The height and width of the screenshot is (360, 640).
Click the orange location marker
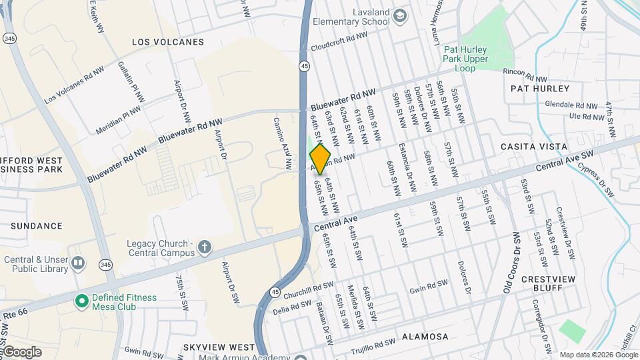[x=321, y=159]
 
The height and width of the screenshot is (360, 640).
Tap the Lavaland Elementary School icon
[x=400, y=16]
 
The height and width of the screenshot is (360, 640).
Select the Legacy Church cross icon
[x=205, y=249]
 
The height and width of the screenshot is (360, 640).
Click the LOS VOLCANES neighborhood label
[x=168, y=42]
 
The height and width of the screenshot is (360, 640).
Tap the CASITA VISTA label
[x=534, y=147]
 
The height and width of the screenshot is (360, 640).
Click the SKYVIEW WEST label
[x=218, y=348]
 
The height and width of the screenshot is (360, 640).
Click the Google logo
[x=21, y=351]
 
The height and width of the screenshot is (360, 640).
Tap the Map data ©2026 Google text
[x=598, y=355]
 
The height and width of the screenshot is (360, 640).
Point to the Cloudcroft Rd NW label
[x=339, y=41]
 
